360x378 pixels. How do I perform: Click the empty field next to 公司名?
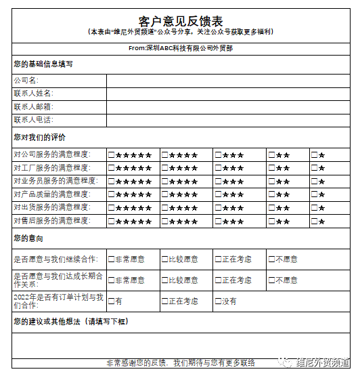click(x=227, y=81)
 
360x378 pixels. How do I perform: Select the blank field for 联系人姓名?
click(x=227, y=93)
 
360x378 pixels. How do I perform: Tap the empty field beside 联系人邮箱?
click(x=227, y=107)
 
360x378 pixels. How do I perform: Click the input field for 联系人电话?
click(x=227, y=120)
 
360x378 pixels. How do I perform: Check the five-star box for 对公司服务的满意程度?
click(x=112, y=155)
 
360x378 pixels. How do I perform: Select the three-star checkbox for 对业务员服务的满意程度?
click(x=219, y=182)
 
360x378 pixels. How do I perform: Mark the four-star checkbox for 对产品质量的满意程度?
click(x=165, y=195)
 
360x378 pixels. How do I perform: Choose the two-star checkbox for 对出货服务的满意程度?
click(x=272, y=208)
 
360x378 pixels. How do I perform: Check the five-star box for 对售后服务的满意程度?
click(x=112, y=222)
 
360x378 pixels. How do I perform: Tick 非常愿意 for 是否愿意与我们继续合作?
click(x=112, y=259)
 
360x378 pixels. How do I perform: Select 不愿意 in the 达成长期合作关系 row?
click(x=272, y=280)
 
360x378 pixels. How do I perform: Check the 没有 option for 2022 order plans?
click(x=219, y=301)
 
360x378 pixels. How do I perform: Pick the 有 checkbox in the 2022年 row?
click(x=112, y=301)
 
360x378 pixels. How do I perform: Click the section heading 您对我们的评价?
click(x=40, y=138)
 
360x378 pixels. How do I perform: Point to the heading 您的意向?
click(x=28, y=238)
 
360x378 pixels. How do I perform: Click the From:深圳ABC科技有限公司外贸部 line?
click(x=180, y=49)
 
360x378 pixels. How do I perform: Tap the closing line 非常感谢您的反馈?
click(x=180, y=363)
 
